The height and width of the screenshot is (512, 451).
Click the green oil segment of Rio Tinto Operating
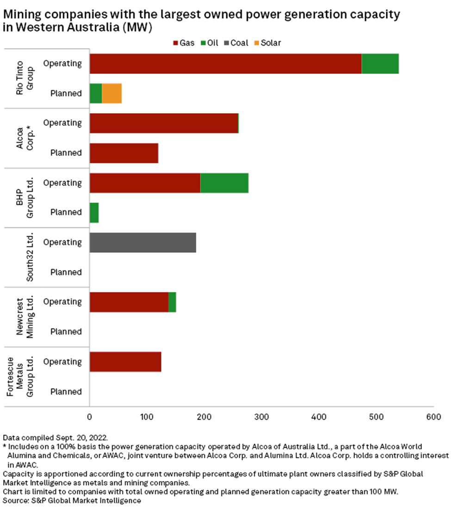click(380, 63)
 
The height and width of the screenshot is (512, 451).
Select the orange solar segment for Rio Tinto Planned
click(111, 93)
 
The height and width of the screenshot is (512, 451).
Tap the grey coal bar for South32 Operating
click(142, 243)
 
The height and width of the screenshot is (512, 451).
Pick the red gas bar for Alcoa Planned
click(124, 153)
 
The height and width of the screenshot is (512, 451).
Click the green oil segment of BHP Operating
click(224, 183)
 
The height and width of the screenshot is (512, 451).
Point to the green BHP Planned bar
click(94, 213)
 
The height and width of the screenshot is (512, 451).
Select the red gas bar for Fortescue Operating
click(125, 362)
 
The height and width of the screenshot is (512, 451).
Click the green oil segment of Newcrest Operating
click(172, 302)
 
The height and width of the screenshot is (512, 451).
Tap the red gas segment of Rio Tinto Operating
click(225, 63)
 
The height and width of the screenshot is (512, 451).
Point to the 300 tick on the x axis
click(261, 417)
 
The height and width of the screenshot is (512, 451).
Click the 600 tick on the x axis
click(433, 417)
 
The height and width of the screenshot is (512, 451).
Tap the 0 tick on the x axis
click(90, 417)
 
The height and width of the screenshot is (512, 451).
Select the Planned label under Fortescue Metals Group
click(66, 391)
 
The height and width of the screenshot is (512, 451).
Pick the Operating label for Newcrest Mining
click(62, 302)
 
